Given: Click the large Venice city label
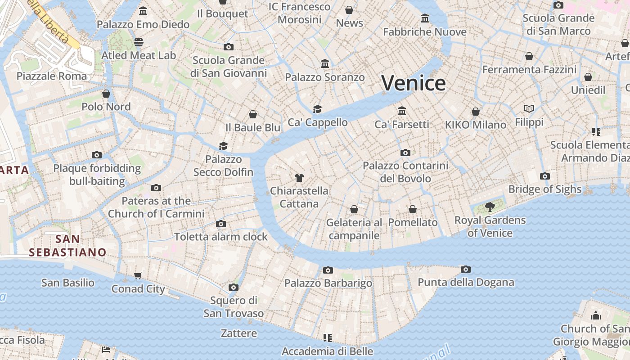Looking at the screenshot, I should pyautogui.click(x=414, y=83).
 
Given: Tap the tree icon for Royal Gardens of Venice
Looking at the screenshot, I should pyautogui.click(x=490, y=207).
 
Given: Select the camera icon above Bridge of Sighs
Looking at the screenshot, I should pyautogui.click(x=545, y=176).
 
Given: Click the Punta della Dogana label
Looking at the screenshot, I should pyautogui.click(x=466, y=282).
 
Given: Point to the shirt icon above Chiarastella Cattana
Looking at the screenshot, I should pyautogui.click(x=299, y=177).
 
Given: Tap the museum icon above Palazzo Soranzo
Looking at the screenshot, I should pyautogui.click(x=325, y=64).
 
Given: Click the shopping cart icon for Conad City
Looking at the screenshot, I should pyautogui.click(x=138, y=275).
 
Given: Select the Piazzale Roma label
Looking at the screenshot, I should pyautogui.click(x=52, y=76).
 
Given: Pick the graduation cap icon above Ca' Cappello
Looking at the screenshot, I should pyautogui.click(x=318, y=109).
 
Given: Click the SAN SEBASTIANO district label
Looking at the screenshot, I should pyautogui.click(x=67, y=246).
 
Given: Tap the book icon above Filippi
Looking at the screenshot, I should pyautogui.click(x=529, y=109).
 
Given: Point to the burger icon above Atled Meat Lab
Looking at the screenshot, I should pyautogui.click(x=139, y=42).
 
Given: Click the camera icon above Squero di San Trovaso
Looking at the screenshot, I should pyautogui.click(x=233, y=287).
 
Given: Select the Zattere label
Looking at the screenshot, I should pyautogui.click(x=239, y=333).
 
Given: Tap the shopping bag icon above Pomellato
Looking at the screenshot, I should pyautogui.click(x=413, y=209).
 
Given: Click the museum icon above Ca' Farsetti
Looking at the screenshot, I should pyautogui.click(x=402, y=111).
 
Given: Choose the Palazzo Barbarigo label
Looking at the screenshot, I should pyautogui.click(x=328, y=283).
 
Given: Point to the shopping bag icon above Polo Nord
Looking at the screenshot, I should pyautogui.click(x=106, y=94).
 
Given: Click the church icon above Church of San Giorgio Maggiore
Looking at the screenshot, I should pyautogui.click(x=596, y=315).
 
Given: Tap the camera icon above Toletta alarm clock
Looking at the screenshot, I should pyautogui.click(x=220, y=224).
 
